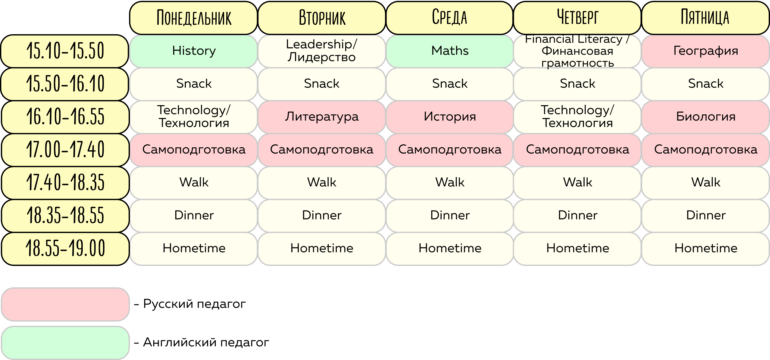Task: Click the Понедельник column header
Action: tap(194, 18)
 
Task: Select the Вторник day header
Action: tap(322, 18)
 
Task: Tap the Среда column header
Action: tap(450, 18)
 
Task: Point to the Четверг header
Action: tap(577, 18)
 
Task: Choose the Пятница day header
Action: tap(705, 18)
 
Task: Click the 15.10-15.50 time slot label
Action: tap(65, 51)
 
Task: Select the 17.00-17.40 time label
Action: tap(65, 149)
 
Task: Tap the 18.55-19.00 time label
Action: tap(65, 248)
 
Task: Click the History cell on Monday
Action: tap(194, 51)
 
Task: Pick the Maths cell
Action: tap(450, 51)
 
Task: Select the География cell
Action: tap(705, 51)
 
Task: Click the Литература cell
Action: tap(322, 117)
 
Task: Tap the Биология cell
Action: tap(705, 117)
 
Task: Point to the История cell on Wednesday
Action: tap(450, 117)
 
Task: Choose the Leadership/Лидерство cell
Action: tap(322, 51)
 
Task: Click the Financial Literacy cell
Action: tap(577, 51)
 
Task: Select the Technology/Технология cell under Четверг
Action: tap(577, 117)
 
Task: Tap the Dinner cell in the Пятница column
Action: tap(705, 215)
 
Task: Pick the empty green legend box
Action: tap(65, 343)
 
